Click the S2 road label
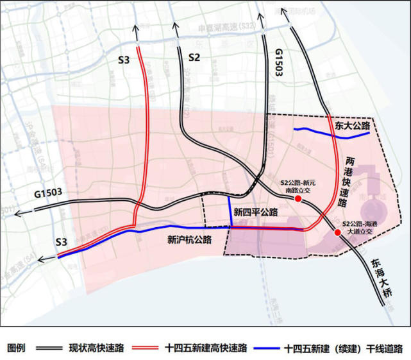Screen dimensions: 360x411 coord(195,58)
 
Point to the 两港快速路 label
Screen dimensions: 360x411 coord(349,182)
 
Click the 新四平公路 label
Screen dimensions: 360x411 coord(256,212)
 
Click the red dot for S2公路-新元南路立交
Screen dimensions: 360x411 coord(298,200)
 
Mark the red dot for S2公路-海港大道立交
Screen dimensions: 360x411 coord(338,232)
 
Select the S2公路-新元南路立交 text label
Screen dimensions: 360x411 coord(301,186)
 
